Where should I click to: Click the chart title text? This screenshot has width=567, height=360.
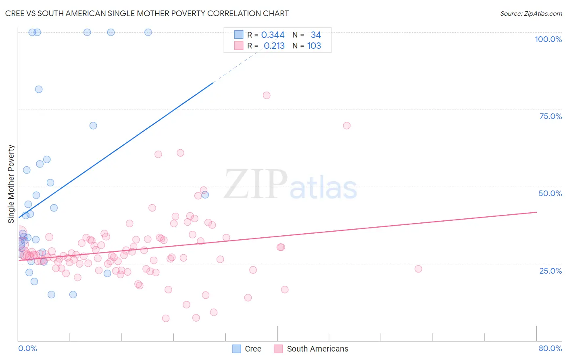tap(147, 13)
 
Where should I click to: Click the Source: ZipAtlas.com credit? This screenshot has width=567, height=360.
tap(531, 13)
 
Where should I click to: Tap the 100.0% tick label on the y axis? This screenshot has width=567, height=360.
tap(548, 39)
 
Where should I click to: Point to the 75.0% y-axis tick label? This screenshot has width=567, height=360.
tap(550, 116)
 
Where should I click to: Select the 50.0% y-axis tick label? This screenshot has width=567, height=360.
tap(550, 193)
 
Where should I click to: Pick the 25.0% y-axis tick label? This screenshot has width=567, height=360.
tap(550, 271)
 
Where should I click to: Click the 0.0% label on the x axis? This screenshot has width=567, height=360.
tap(27, 348)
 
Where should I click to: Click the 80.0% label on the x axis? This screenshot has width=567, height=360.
tap(550, 348)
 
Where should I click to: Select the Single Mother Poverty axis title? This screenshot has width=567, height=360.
tap(11, 184)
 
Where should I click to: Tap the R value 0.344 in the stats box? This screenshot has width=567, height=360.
tap(273, 35)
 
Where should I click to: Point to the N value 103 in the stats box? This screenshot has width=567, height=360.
tap(314, 46)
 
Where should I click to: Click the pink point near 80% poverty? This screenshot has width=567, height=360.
tap(267, 95)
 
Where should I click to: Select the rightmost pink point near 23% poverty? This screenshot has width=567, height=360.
tap(418, 269)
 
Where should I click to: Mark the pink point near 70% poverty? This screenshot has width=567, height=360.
tap(347, 126)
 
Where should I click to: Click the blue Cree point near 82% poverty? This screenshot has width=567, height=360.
tap(39, 89)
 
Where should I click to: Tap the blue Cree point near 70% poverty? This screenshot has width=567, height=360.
tap(93, 126)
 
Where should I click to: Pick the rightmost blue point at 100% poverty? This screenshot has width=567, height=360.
tap(148, 32)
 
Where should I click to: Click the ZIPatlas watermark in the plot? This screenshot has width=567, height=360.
tap(290, 185)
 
